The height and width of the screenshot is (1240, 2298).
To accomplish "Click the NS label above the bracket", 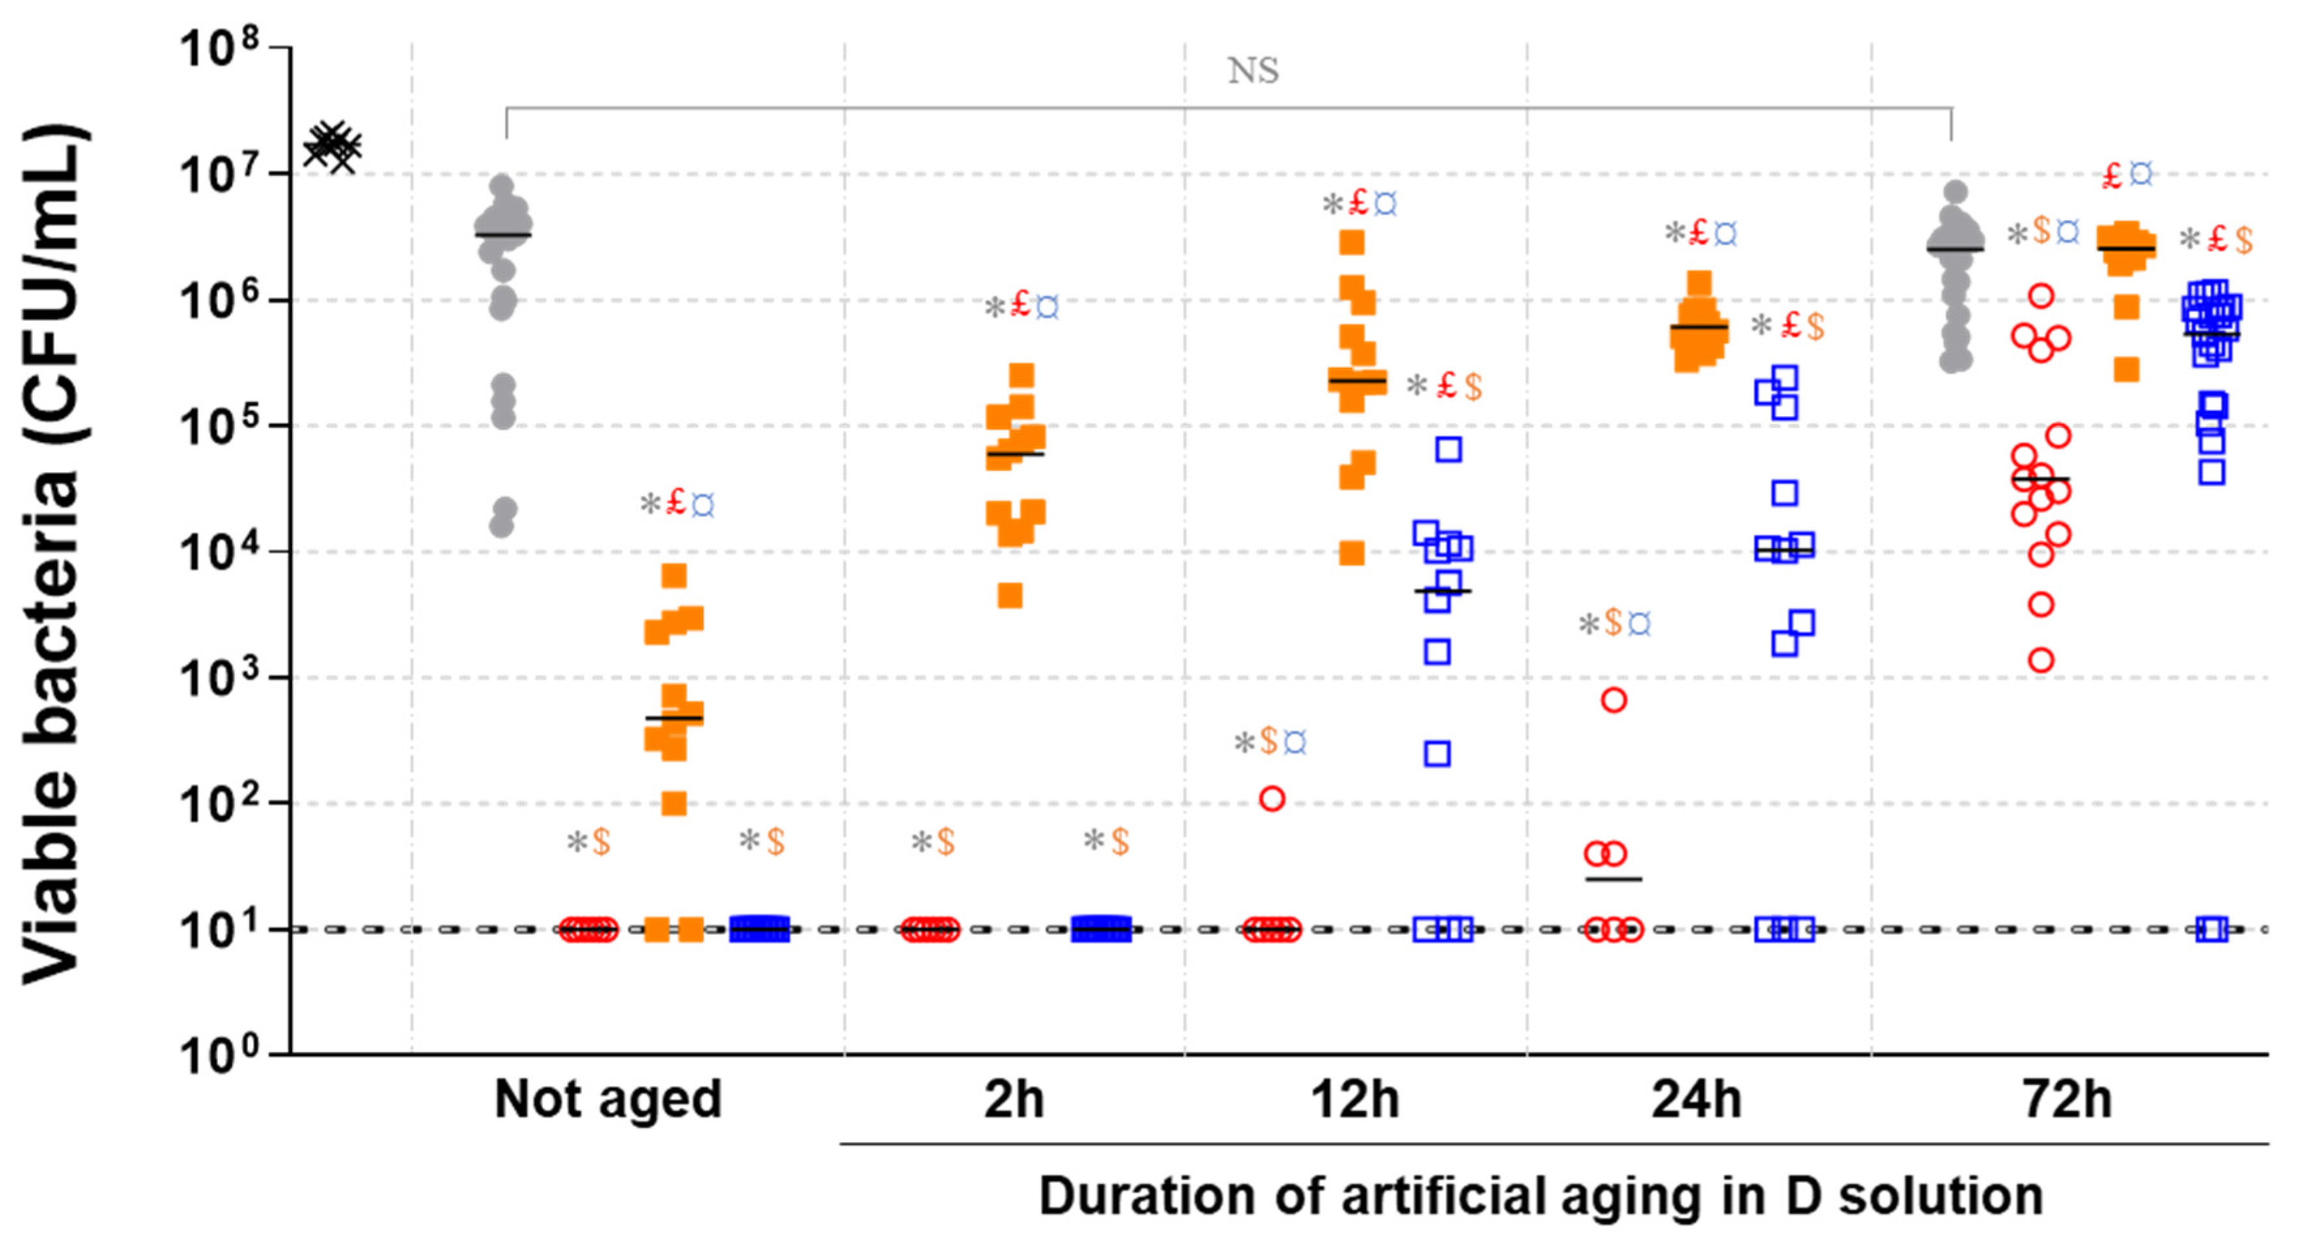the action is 1254,70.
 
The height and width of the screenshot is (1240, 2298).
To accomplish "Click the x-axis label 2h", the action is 1014,1099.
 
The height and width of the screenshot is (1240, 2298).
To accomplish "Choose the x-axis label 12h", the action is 1355,1099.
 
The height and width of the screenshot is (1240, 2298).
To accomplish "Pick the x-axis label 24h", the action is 1697,1099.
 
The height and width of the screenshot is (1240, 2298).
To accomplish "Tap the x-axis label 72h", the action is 2068,1099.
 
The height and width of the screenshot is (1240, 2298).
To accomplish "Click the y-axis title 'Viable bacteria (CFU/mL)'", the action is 53,553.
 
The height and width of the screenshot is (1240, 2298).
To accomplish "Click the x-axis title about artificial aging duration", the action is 1541,1196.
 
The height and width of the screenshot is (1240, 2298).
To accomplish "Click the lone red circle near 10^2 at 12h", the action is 1272,798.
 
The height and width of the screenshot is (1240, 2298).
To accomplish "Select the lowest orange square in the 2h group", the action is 1010,595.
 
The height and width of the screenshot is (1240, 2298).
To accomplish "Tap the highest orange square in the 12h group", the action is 1352,242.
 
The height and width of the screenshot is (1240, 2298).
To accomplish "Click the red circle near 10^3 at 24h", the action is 1614,699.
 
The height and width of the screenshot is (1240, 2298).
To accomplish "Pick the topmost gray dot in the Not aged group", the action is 502,185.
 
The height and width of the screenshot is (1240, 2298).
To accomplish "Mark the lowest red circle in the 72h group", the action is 2041,660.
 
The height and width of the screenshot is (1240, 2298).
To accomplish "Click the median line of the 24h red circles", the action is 1613,879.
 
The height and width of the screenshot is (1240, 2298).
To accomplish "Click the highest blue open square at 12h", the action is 1449,449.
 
